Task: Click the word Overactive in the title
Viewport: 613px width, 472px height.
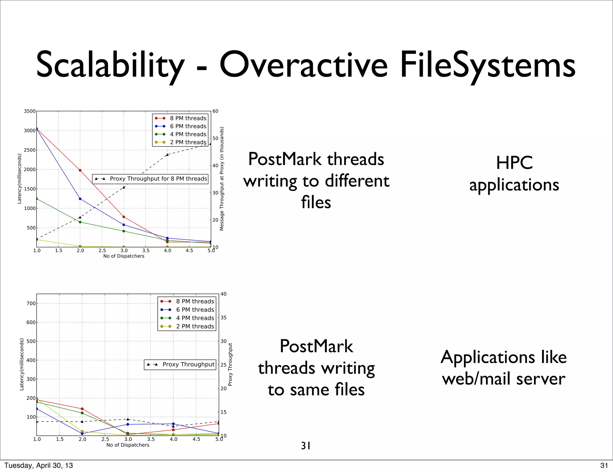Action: [x=303, y=65]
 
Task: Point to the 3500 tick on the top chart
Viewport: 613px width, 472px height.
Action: [x=29, y=111]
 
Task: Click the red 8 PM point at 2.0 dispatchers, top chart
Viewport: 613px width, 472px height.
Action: [x=80, y=170]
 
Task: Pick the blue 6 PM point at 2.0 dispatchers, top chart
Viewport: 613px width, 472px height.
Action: [x=80, y=199]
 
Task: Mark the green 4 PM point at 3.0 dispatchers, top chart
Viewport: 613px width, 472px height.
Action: [x=124, y=231]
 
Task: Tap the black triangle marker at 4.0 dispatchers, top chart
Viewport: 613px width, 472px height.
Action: [x=167, y=155]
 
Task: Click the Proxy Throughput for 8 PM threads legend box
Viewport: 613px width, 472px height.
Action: [x=150, y=179]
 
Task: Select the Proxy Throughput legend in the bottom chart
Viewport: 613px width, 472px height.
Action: [x=180, y=364]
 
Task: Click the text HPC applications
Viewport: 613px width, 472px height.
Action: [x=514, y=174]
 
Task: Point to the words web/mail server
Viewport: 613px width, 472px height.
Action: [x=503, y=379]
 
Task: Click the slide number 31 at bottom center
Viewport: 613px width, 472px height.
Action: [x=306, y=446]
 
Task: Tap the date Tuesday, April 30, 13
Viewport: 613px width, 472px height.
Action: [x=39, y=465]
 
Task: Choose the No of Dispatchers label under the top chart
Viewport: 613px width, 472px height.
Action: [x=124, y=256]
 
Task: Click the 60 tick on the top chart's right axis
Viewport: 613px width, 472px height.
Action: [x=215, y=111]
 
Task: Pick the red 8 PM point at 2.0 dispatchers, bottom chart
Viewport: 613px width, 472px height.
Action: [x=82, y=409]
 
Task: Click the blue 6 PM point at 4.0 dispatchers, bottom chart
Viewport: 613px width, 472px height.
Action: [x=173, y=424]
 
